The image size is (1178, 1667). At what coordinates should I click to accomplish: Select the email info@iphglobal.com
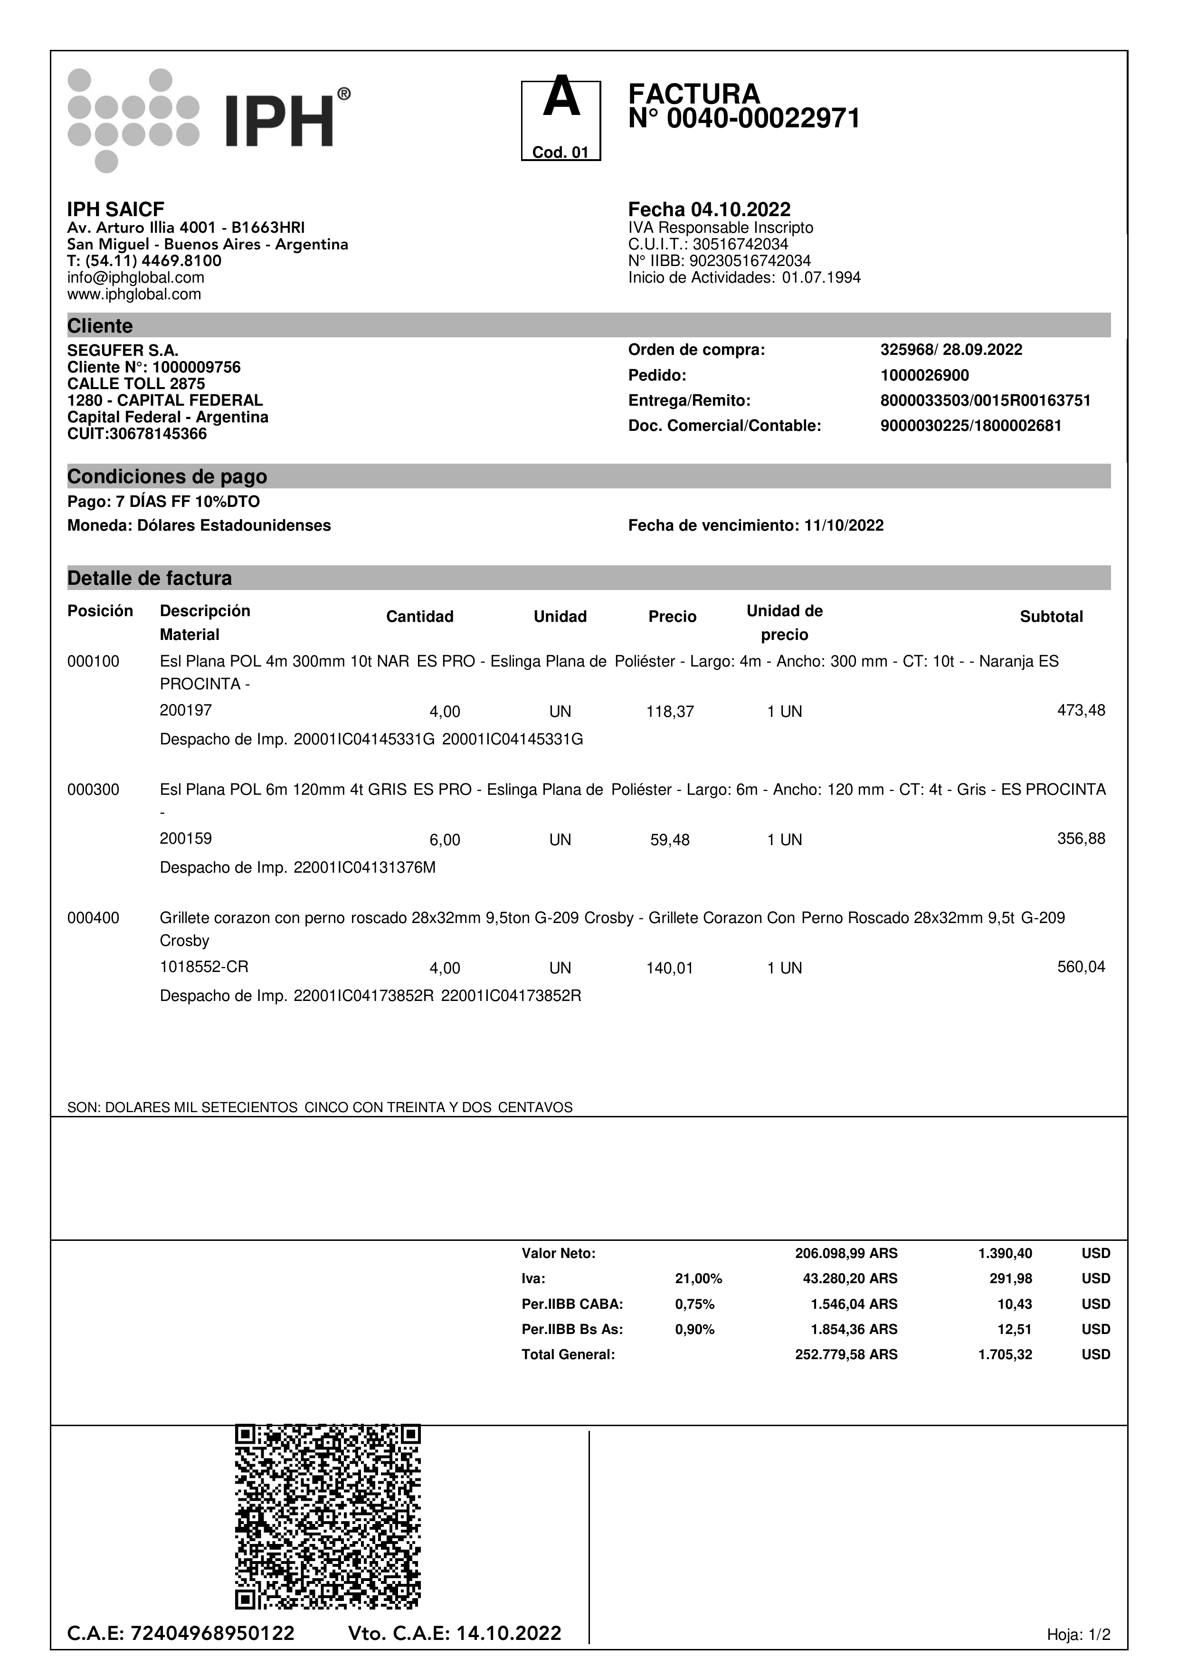(136, 277)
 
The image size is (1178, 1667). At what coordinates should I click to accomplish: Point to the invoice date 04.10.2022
(741, 210)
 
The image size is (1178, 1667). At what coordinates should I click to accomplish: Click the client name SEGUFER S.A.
(123, 351)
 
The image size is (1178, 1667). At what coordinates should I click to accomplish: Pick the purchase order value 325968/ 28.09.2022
(951, 350)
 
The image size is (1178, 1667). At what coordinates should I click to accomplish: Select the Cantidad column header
(419, 617)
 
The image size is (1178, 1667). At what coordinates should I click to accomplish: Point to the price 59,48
(670, 840)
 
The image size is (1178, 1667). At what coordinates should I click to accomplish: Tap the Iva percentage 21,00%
(698, 1278)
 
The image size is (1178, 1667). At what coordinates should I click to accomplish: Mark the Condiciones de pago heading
(167, 477)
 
